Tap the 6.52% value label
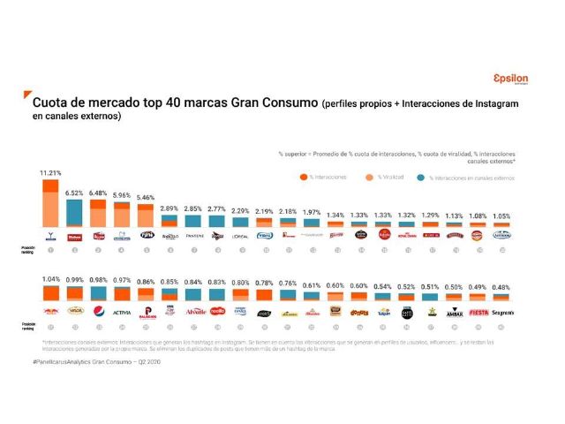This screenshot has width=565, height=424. pos(74,193)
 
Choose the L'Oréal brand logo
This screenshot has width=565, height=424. pos(239,236)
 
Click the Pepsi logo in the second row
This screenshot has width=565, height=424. pos(99,311)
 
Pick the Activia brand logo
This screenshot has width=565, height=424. pos(123,311)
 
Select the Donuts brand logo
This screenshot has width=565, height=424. pos(358,311)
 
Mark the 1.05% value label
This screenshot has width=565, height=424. pos(501,215)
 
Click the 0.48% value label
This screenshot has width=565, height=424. pos(501,285)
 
